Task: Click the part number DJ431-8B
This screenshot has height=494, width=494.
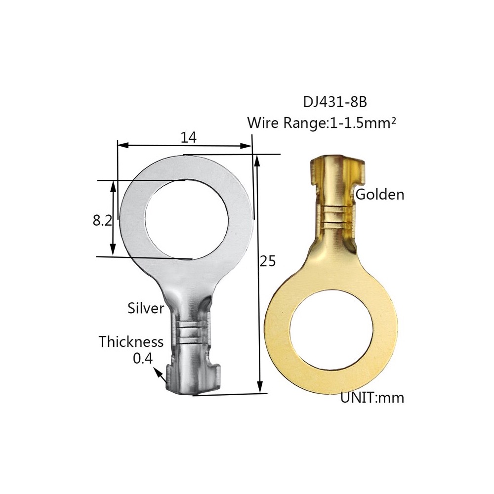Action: point(335,102)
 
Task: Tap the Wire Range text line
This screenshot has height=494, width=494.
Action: point(322,123)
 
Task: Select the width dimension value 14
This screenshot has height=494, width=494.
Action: point(188,138)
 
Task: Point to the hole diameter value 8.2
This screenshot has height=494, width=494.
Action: point(102,220)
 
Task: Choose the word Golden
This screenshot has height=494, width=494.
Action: point(380,194)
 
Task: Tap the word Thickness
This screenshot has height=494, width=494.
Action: point(131,341)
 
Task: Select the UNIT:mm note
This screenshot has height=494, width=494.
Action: point(372,398)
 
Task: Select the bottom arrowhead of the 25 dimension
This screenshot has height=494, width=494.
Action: point(259,389)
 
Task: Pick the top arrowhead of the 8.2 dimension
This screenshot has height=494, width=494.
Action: point(114,184)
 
